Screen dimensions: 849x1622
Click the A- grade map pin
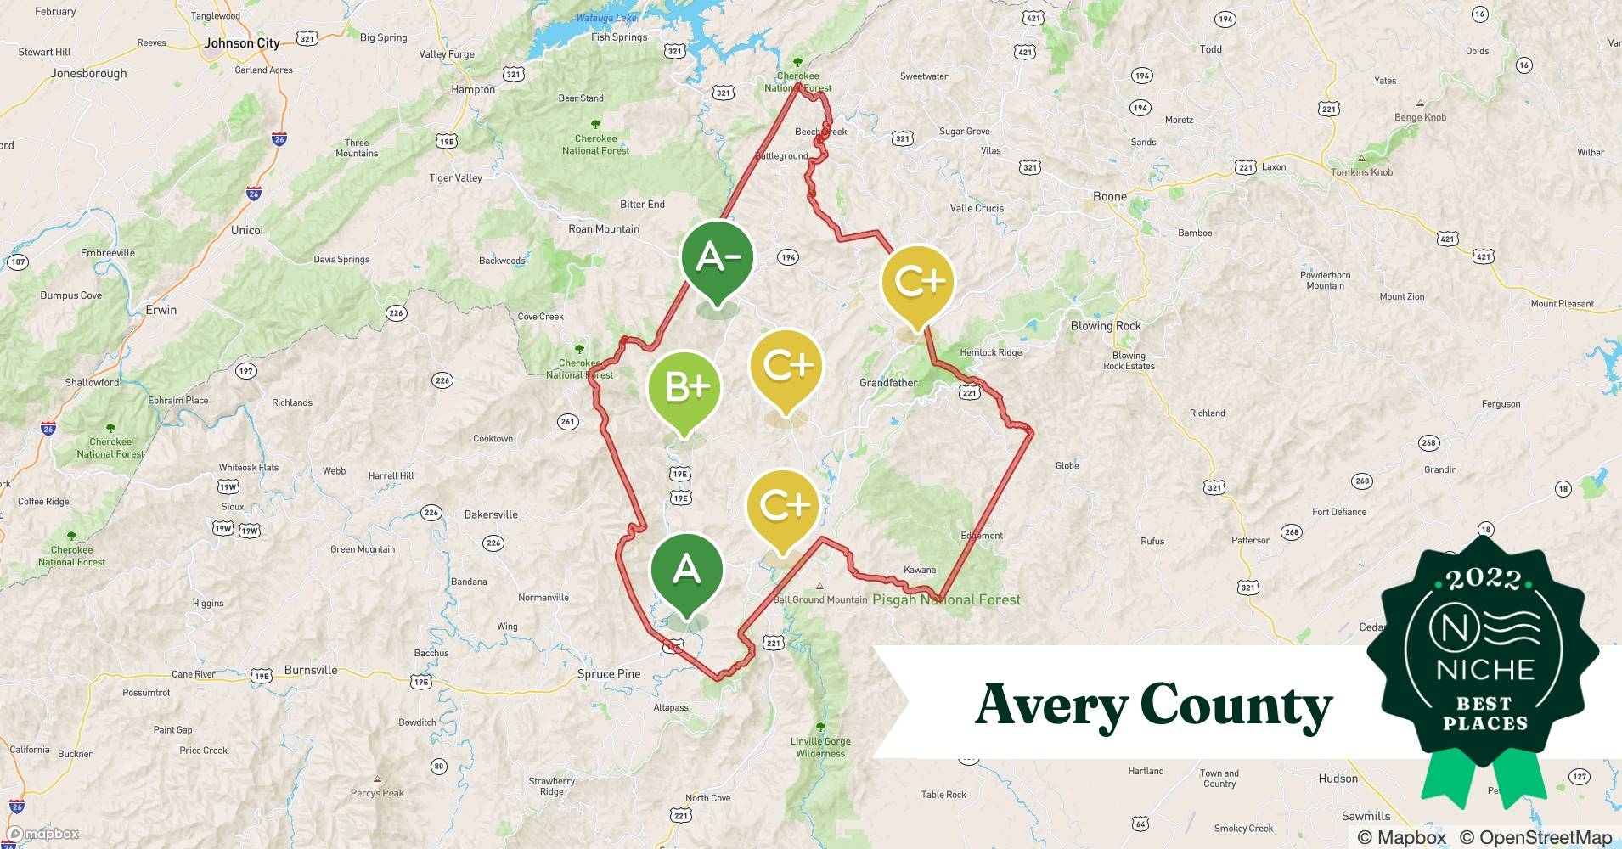click(718, 258)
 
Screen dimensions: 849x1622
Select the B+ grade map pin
click(684, 388)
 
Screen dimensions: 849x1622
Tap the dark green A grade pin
click(686, 570)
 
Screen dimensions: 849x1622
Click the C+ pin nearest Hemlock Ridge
click(918, 283)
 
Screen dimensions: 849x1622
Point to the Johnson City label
click(242, 42)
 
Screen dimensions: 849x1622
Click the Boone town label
click(1110, 196)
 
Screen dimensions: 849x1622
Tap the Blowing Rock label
click(1106, 326)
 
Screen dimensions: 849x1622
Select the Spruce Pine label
click(609, 674)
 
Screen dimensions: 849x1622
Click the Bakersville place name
click(491, 514)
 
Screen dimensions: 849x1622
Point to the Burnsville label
click(311, 670)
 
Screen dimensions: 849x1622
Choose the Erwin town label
click(161, 310)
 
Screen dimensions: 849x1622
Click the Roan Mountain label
click(604, 229)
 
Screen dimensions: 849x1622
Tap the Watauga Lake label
click(605, 18)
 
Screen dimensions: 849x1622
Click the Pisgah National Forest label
click(946, 599)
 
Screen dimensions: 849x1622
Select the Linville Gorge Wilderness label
click(820, 747)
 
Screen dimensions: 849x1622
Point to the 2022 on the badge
click(1484, 580)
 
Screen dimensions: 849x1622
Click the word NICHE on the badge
click(1485, 670)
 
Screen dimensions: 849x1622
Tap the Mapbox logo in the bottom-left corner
click(43, 834)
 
